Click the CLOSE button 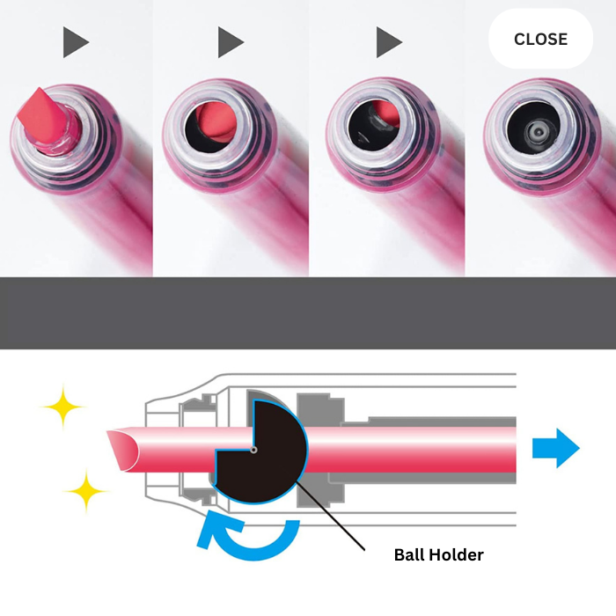point(540,40)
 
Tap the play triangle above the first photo point(75,41)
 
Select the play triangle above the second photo point(230,41)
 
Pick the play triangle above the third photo point(388,41)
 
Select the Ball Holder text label point(438,555)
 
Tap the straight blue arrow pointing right point(555,450)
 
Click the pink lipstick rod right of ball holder point(414,450)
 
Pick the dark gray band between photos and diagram point(308,312)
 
